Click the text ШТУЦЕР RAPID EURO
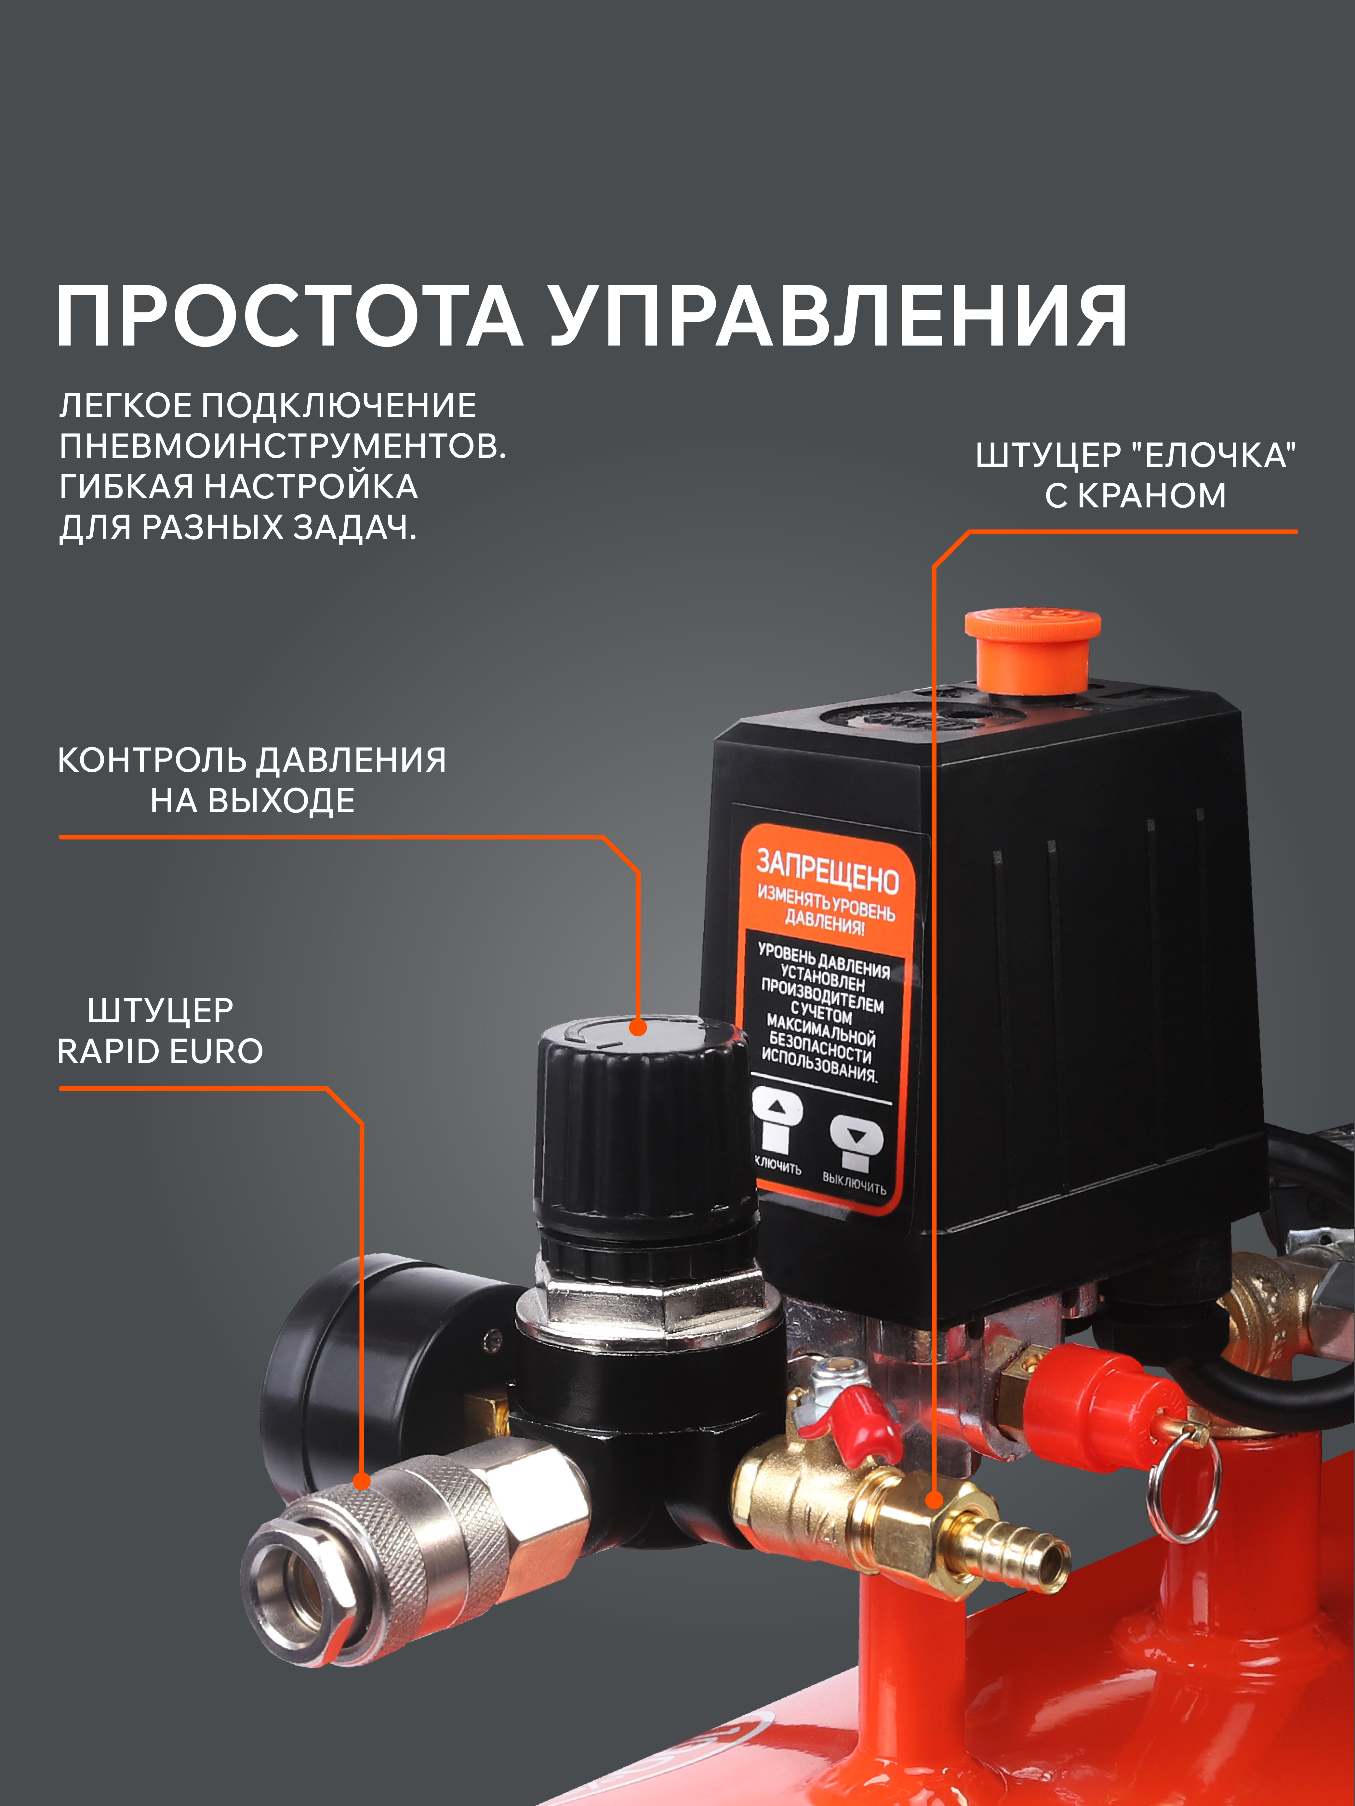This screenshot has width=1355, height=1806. click(x=160, y=1030)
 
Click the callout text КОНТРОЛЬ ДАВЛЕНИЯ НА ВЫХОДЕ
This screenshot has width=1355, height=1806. click(x=252, y=780)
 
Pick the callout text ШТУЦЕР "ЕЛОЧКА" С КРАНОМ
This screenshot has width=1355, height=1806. click(x=1135, y=475)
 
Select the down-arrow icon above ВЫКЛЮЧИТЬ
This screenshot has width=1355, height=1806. click(x=856, y=1135)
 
